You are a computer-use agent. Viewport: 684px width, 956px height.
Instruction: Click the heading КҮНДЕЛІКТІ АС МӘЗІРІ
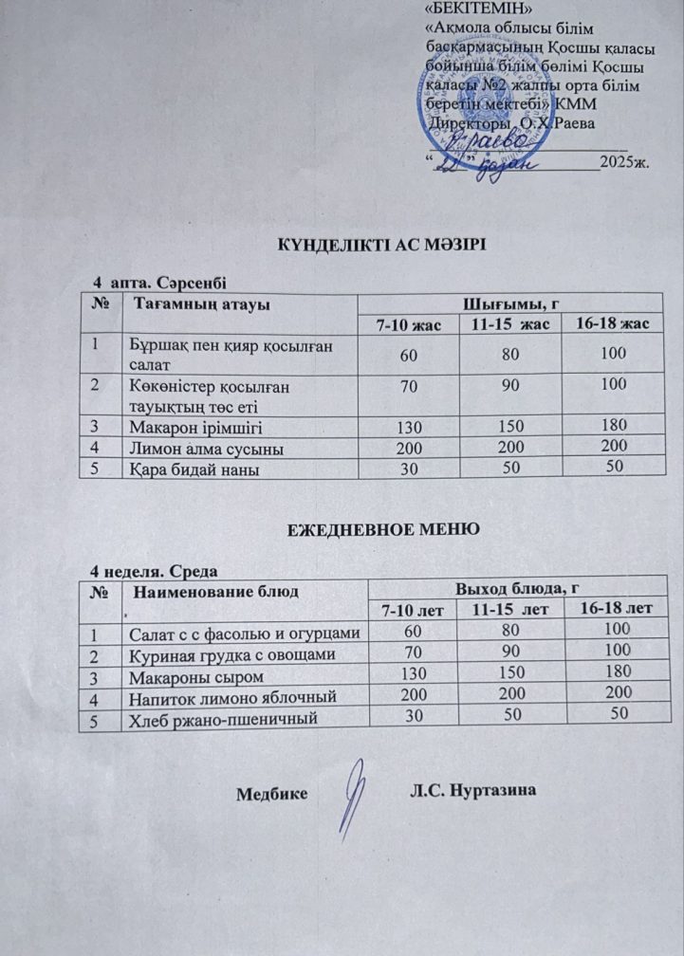380,245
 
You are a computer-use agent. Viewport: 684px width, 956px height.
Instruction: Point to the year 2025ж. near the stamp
626,162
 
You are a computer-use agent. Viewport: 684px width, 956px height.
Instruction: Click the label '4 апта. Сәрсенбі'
159,282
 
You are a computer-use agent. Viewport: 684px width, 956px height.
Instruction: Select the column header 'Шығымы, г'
507,303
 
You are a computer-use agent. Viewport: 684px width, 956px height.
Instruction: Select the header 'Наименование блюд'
213,592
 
